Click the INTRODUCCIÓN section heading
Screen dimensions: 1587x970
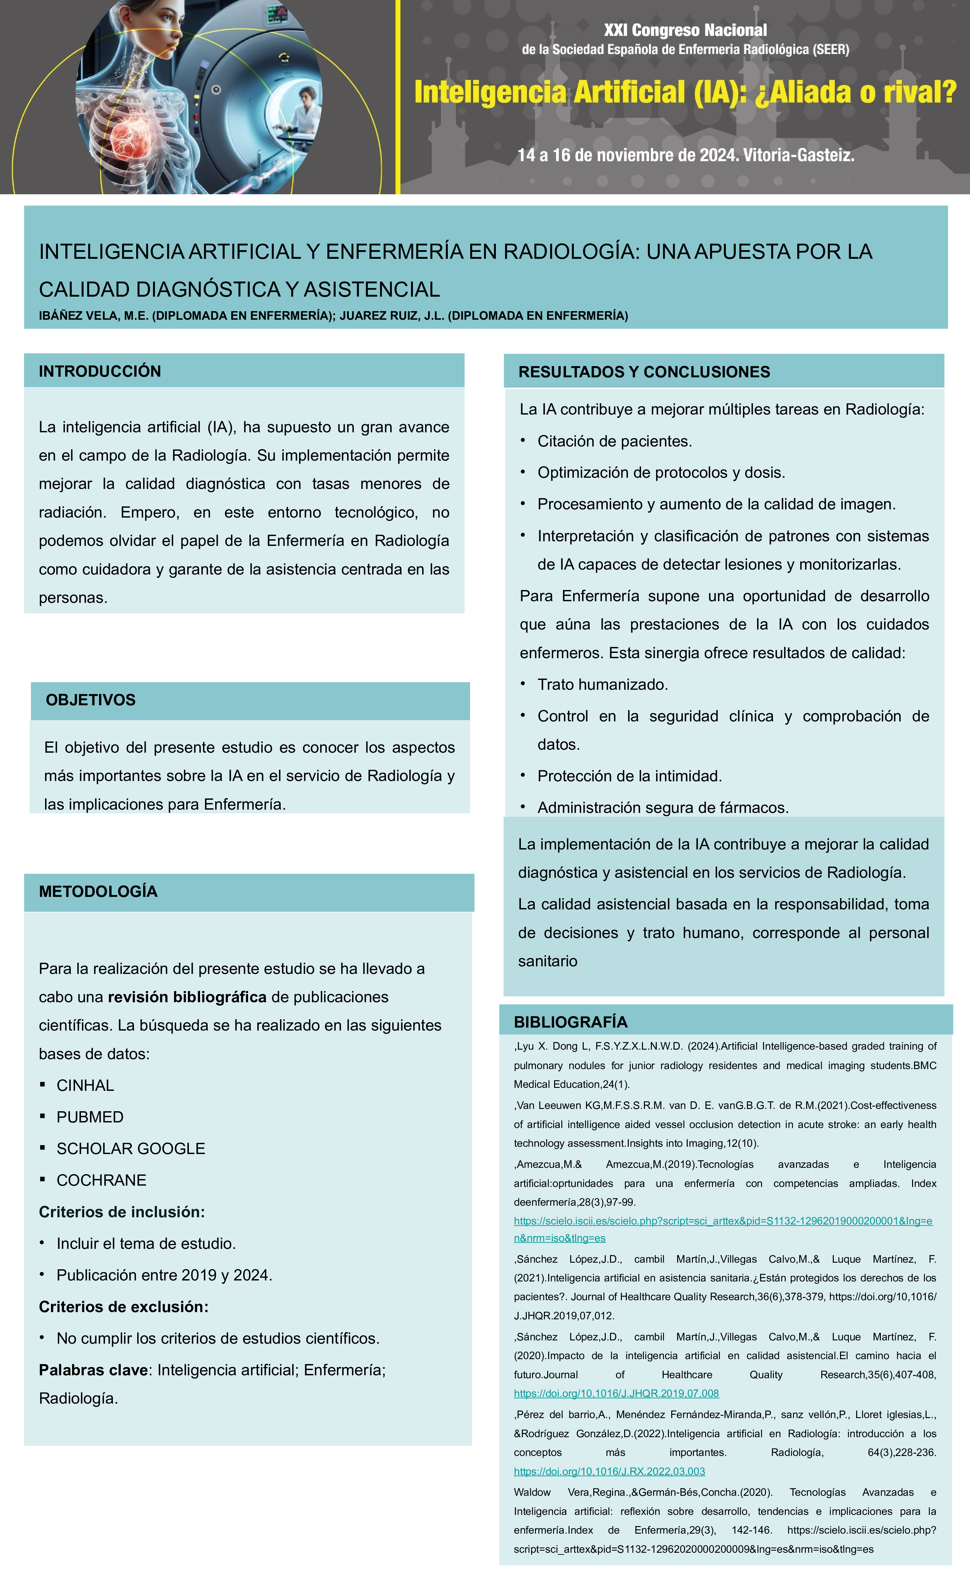[100, 371]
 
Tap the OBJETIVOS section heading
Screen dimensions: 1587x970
[91, 700]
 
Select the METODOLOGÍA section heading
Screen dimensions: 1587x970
[98, 891]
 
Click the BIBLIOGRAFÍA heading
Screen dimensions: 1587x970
[570, 1021]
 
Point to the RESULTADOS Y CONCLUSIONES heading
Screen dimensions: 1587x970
[644, 372]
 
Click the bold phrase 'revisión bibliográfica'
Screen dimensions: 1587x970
[187, 997]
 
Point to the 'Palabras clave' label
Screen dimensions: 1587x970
[93, 1370]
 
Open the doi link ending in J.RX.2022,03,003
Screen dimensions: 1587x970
[609, 1471]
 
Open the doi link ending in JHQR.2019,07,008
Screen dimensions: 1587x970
[616, 1393]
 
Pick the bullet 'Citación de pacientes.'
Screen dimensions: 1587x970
[615, 441]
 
